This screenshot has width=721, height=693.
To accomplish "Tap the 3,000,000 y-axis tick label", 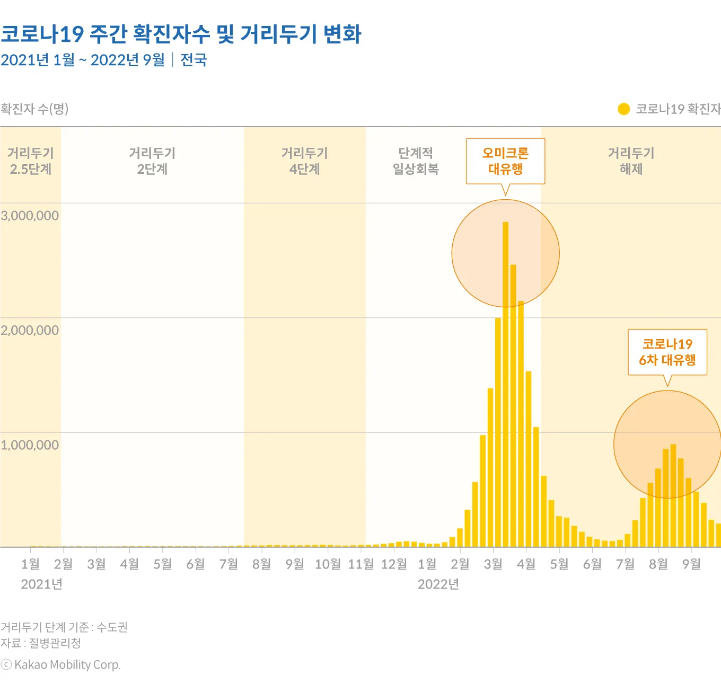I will coord(30,216).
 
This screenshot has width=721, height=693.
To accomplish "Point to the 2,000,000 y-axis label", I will coord(30,331).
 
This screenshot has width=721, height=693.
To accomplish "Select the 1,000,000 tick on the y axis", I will coord(30,445).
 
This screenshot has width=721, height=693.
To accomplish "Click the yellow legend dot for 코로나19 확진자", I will coord(623,109).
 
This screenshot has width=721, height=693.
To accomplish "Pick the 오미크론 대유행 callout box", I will coord(505,161).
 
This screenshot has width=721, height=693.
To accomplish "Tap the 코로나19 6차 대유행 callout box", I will coord(667,352).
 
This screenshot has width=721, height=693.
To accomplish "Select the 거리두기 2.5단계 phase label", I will coord(31,161).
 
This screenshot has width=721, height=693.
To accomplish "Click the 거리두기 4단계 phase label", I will coord(305,161).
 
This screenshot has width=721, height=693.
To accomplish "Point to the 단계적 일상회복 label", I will coord(416,161).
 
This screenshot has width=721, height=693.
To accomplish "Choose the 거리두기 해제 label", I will coord(631,161).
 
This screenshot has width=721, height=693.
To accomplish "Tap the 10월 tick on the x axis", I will coord(328,564).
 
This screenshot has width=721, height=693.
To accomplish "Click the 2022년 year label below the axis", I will coord(438,584).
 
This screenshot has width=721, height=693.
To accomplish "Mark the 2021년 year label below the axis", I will coord(42,584).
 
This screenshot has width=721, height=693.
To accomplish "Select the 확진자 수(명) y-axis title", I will coord(34,109).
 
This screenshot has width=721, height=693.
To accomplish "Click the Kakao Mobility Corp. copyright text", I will coord(61,665).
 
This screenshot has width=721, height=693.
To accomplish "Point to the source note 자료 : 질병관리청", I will coord(41,643).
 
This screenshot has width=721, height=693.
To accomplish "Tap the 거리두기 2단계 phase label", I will coord(152,161).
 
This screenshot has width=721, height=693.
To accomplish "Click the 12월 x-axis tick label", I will coord(394,564).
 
